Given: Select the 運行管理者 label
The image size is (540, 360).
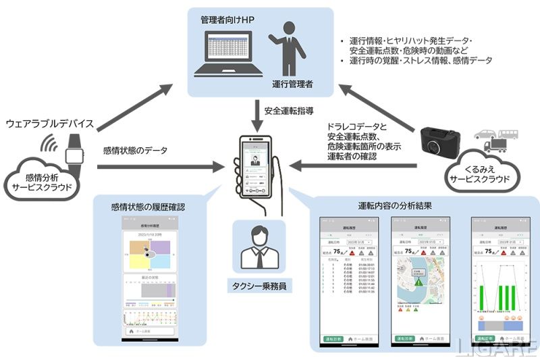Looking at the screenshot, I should tap(294, 83).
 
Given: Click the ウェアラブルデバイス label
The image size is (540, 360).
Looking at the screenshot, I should tap(49, 124).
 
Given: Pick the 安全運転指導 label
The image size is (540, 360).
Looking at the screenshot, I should tap(288, 110).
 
